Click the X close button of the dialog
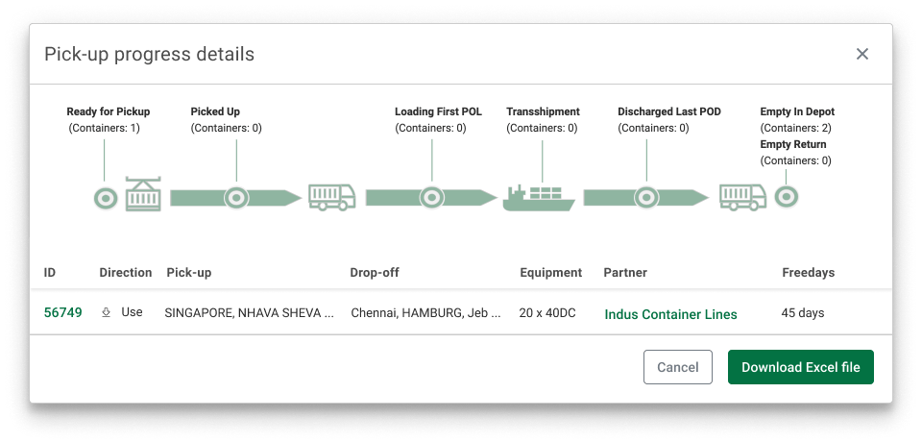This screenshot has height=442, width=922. click(x=862, y=54)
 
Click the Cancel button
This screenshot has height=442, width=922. click(x=677, y=367)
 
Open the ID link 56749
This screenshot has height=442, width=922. click(x=63, y=312)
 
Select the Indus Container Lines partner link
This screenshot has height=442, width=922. click(x=670, y=314)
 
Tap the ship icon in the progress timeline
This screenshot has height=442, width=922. click(x=539, y=198)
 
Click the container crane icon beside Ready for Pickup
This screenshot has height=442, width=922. click(x=143, y=194)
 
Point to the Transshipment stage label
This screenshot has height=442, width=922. click(x=543, y=111)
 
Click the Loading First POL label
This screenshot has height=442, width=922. click(x=438, y=111)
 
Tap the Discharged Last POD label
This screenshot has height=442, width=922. click(x=669, y=111)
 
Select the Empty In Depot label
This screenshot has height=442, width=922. click(x=797, y=111)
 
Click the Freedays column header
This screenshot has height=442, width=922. click(x=808, y=273)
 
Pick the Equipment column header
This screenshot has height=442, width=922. click(x=551, y=273)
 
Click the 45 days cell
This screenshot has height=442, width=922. click(x=803, y=313)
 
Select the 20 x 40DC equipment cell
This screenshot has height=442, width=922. click(x=547, y=313)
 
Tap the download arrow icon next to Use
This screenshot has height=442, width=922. click(x=107, y=312)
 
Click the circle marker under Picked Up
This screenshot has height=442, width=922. click(x=236, y=198)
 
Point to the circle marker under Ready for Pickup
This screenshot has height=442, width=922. click(x=106, y=198)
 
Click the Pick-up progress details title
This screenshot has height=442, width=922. click(x=150, y=54)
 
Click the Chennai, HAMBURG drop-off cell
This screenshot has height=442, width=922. click(x=425, y=313)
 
